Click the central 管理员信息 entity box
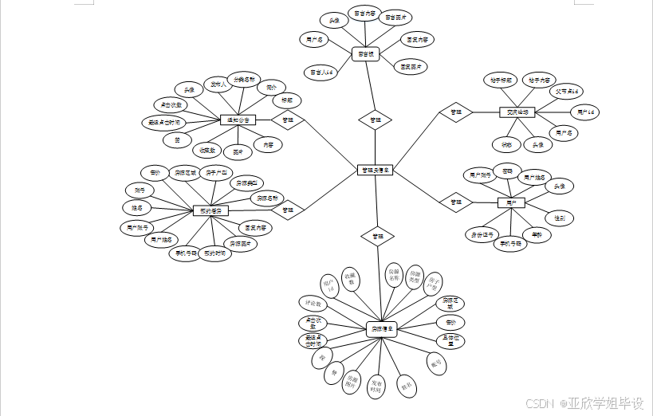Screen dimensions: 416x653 (376, 170)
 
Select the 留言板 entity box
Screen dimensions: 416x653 (365, 54)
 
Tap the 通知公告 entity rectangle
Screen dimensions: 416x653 (238, 120)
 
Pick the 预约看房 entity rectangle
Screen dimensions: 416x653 (211, 211)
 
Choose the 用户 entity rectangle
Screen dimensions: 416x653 (511, 202)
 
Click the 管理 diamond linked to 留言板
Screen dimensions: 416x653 (375, 120)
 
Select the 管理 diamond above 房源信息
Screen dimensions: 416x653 (377, 237)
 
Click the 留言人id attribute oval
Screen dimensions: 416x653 (323, 72)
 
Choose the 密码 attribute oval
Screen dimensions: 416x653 (506, 171)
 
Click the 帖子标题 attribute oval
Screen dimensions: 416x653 (501, 80)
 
